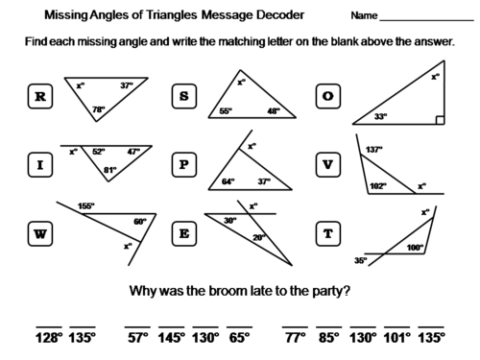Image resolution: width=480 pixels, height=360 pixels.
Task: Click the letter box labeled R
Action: click(x=40, y=96)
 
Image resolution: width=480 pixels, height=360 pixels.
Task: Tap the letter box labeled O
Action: click(x=328, y=96)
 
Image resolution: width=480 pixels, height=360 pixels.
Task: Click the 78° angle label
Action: click(x=97, y=109)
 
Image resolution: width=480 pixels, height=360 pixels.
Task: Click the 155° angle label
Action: click(x=86, y=205)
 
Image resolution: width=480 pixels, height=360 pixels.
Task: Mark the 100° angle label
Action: click(x=414, y=247)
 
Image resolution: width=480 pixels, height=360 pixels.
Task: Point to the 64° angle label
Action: click(x=228, y=180)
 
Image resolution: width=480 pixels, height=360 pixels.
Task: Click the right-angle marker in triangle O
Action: click(x=438, y=121)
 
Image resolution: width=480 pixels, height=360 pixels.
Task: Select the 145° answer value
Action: click(x=173, y=338)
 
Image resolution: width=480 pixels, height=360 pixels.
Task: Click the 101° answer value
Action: click(x=396, y=338)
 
